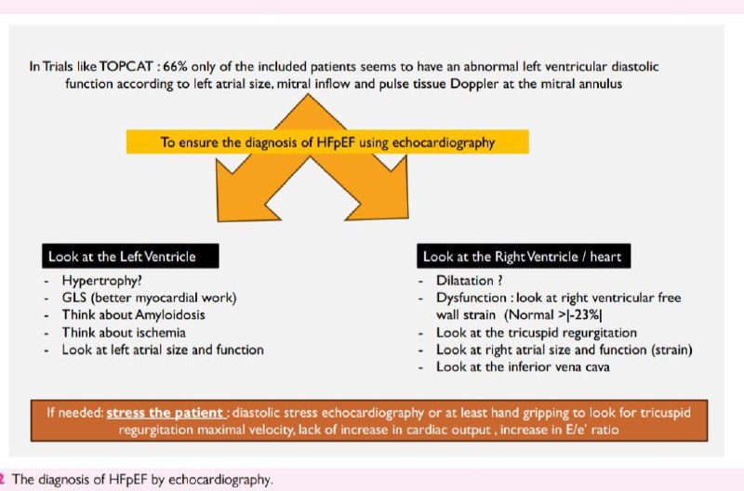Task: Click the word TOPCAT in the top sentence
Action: tap(126, 66)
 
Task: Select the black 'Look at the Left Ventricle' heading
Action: tap(130, 256)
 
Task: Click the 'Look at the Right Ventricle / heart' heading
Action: tap(524, 256)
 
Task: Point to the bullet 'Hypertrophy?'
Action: tap(102, 281)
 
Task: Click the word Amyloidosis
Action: tap(169, 315)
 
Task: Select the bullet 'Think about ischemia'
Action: tap(124, 332)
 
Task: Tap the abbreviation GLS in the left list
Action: tap(74, 298)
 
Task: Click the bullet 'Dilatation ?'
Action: tap(470, 280)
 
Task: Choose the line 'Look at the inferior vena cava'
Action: tap(523, 366)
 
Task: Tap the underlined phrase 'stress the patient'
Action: tap(166, 412)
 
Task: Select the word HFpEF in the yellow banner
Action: tap(335, 142)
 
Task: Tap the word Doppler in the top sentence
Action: tap(474, 84)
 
